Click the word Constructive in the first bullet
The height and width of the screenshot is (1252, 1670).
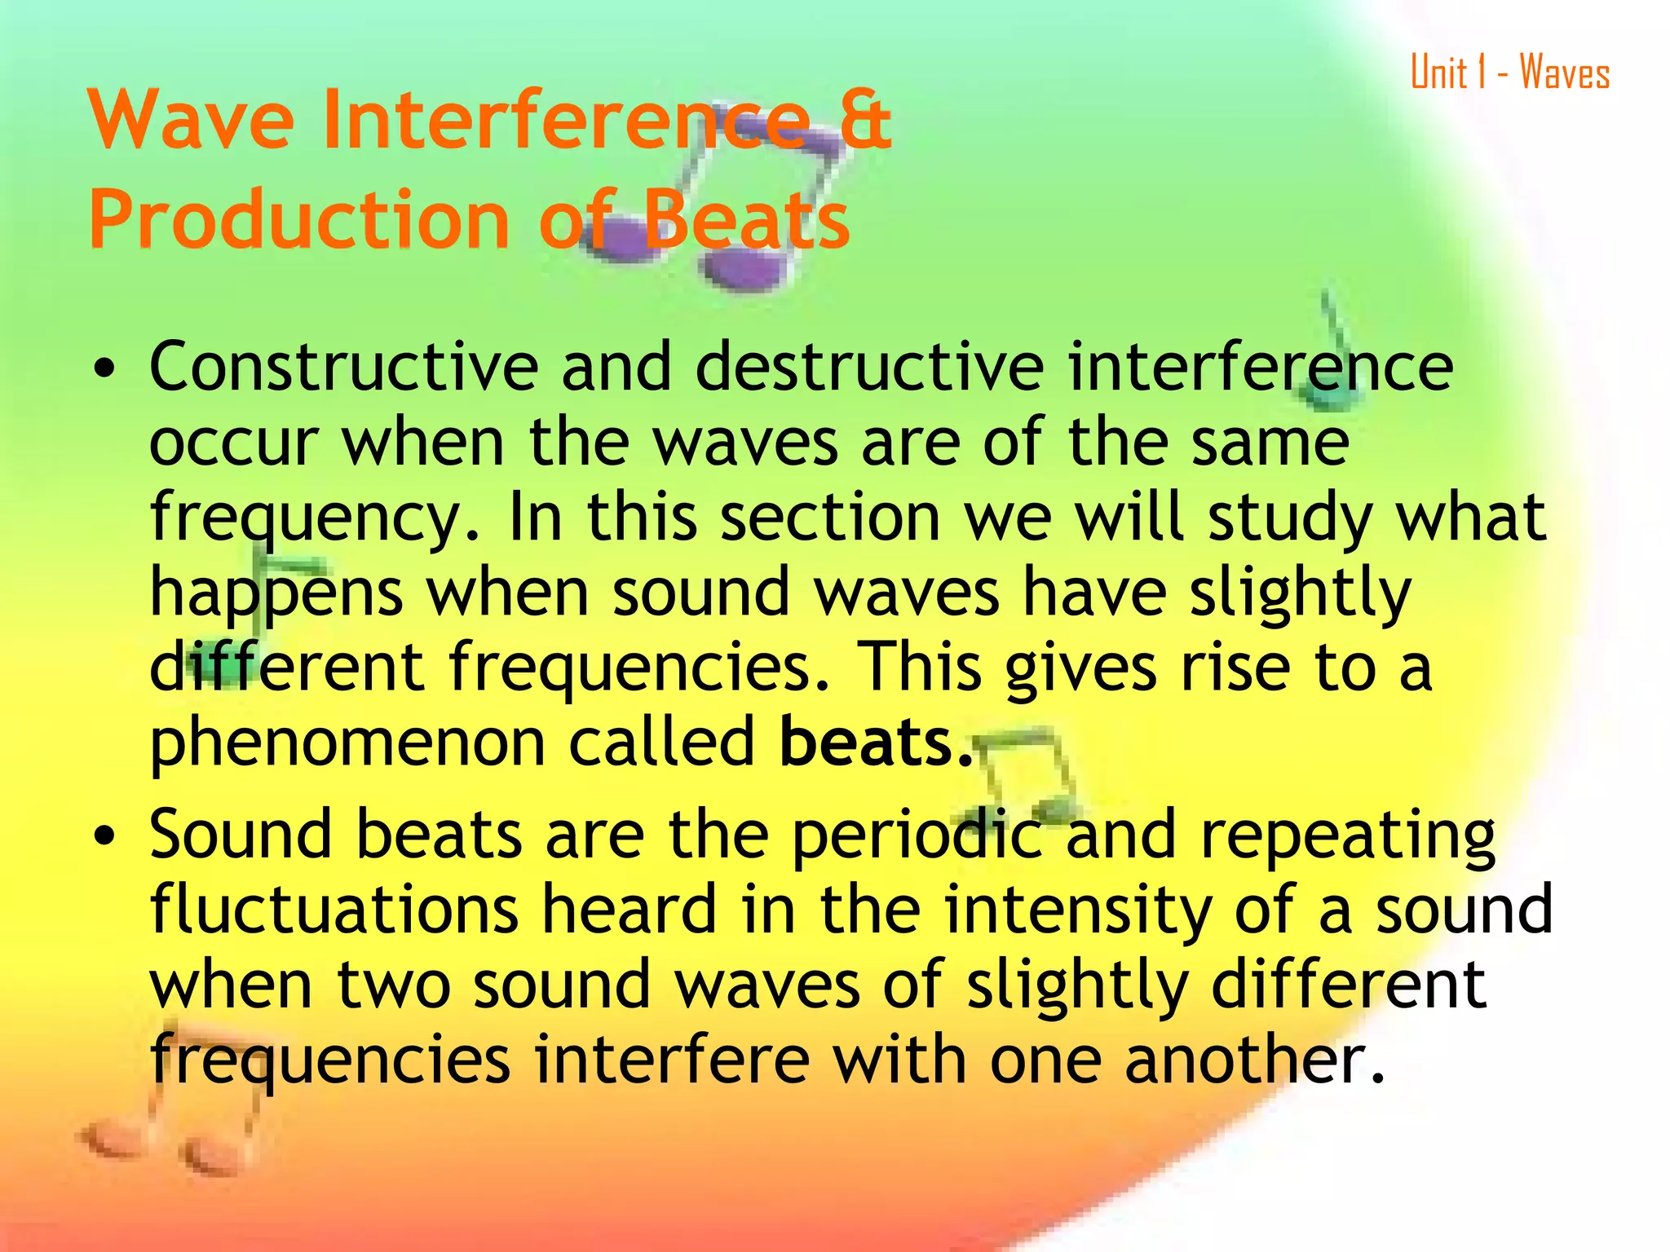343,367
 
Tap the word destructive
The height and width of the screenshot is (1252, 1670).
869,367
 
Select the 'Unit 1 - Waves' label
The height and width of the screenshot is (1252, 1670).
1509,73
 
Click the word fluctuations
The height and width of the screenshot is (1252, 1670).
334,910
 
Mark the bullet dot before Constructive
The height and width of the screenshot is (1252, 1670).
104,369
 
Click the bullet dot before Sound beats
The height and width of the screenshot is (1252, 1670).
104,836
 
